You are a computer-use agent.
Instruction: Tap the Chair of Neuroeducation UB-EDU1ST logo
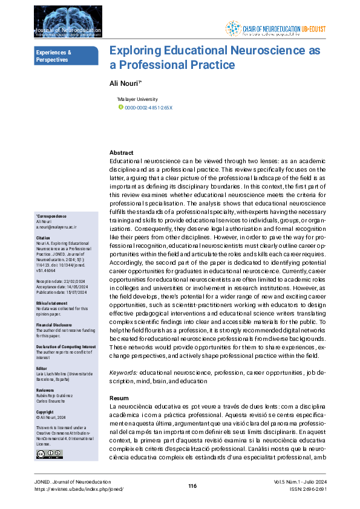276,28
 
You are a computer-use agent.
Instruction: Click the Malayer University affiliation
137,99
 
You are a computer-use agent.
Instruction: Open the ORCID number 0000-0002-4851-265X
148,108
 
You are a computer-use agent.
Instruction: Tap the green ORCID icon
120,108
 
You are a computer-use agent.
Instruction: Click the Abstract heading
121,154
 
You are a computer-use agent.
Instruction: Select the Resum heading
119,399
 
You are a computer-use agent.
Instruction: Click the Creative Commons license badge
45,453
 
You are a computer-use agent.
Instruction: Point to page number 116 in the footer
192,487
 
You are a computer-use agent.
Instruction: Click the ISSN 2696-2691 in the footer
315,489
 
